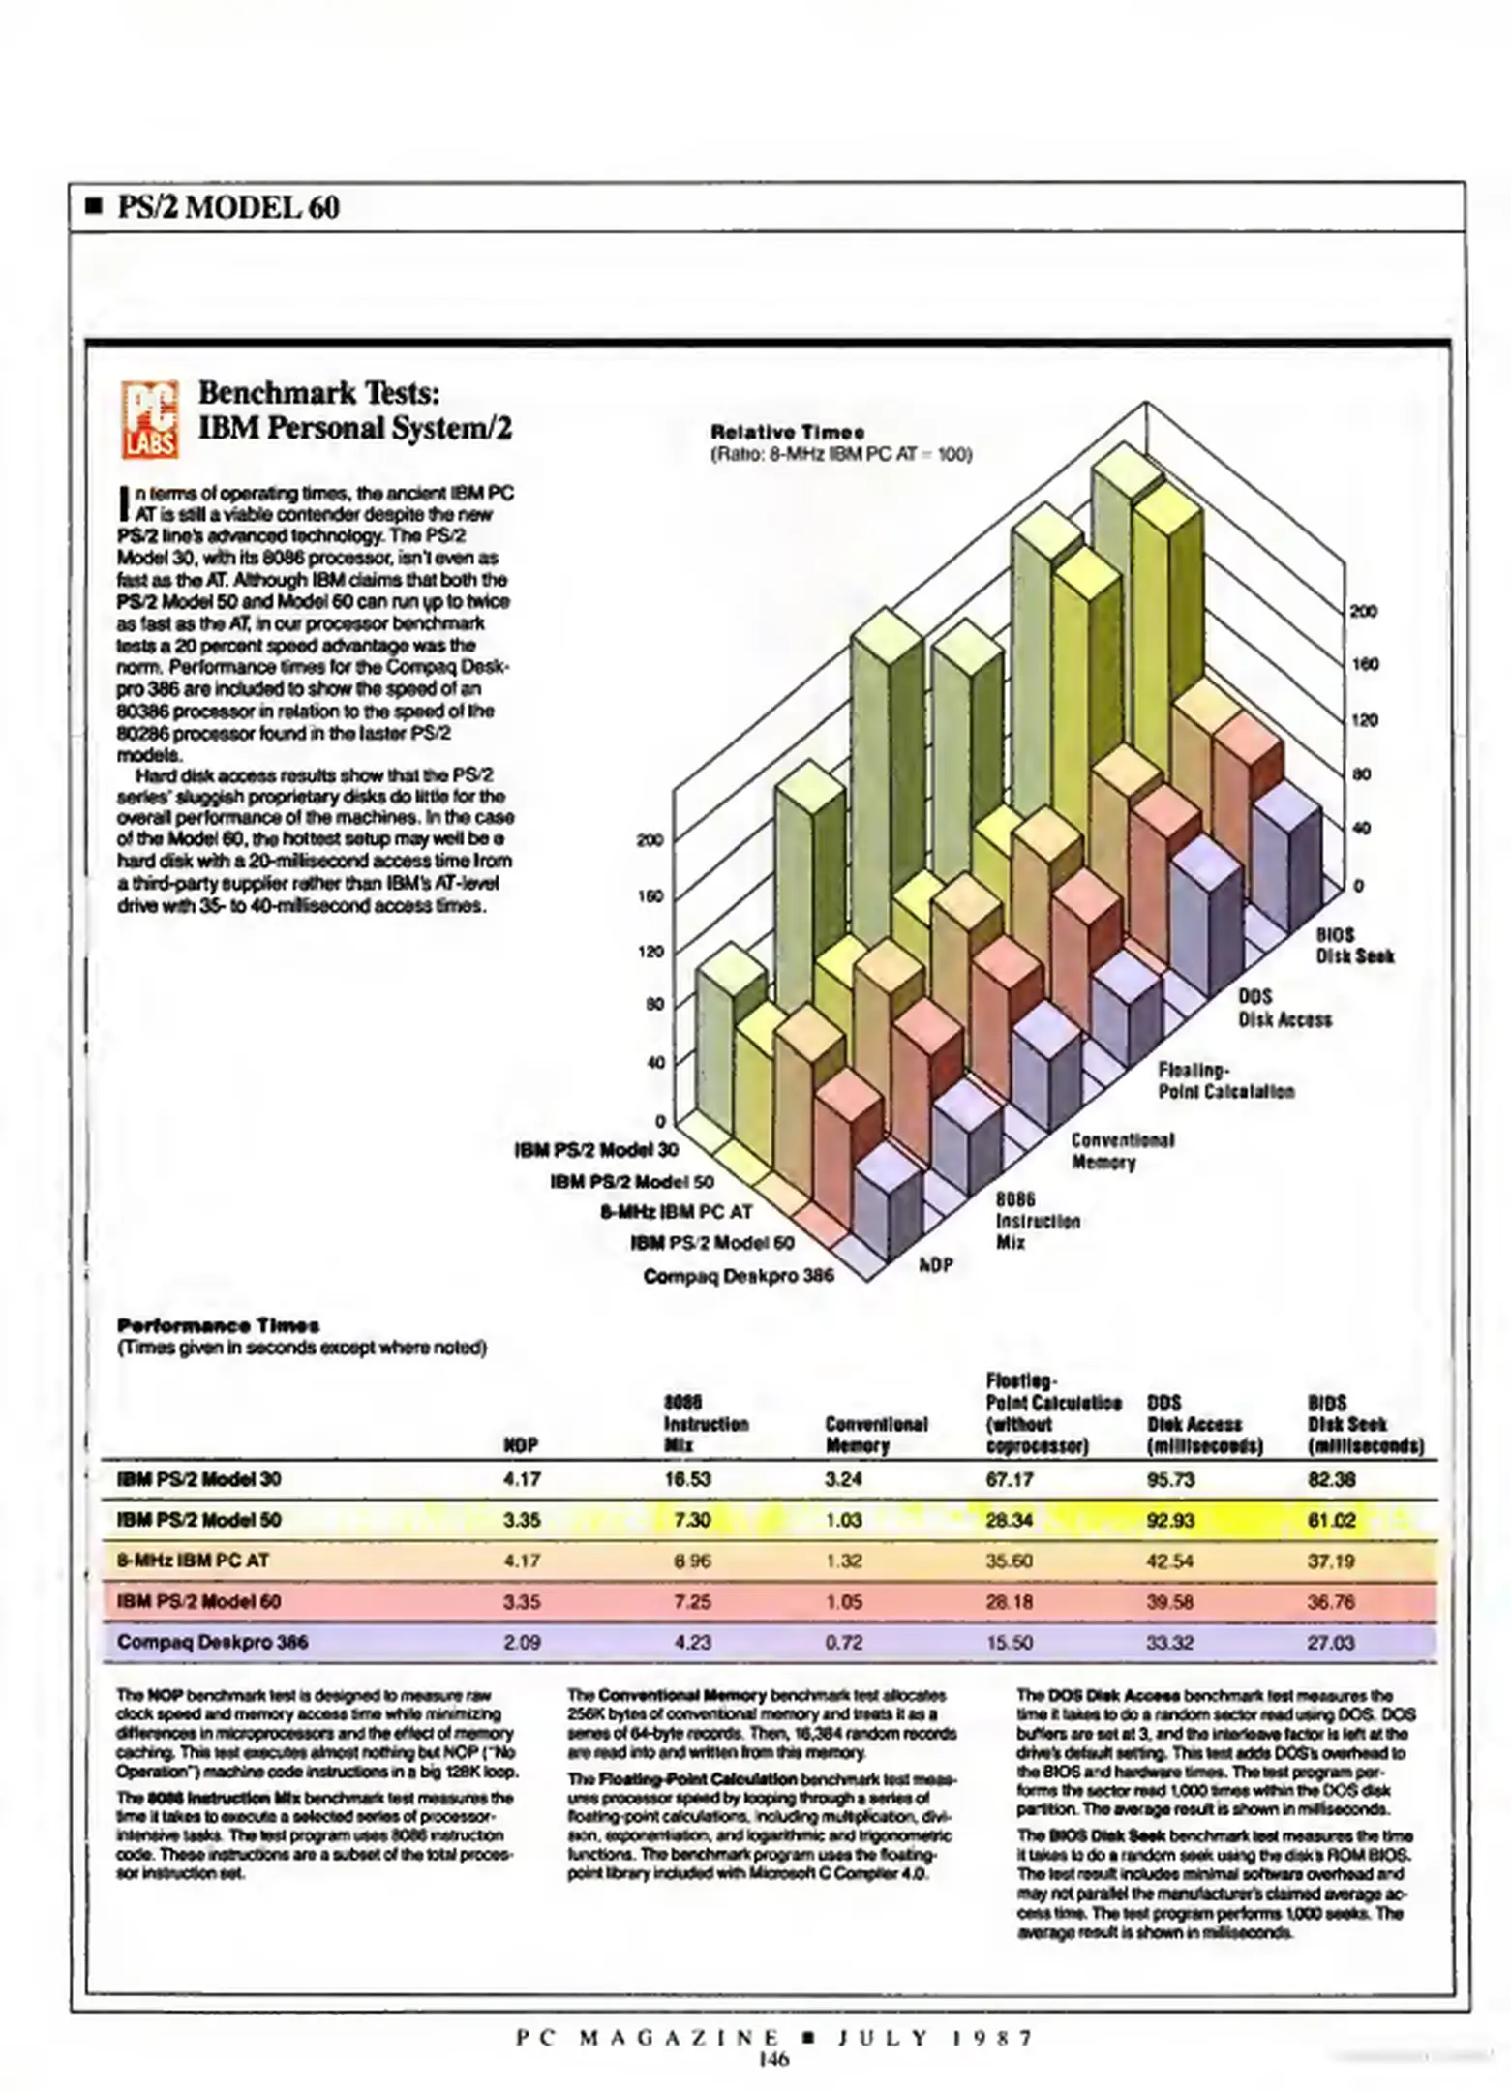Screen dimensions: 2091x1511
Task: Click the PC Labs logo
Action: pyautogui.click(x=150, y=418)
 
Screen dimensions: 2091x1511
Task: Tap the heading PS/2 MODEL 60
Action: pyautogui.click(x=227, y=207)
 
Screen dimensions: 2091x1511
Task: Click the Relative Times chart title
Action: pyautogui.click(x=788, y=432)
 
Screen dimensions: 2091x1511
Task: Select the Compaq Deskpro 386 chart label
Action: pyautogui.click(x=739, y=1275)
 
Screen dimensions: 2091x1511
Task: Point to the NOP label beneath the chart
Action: pyautogui.click(x=936, y=1264)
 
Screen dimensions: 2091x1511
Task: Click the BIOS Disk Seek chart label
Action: pyautogui.click(x=1354, y=945)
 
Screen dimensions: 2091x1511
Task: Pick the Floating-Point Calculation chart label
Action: pyautogui.click(x=1225, y=1080)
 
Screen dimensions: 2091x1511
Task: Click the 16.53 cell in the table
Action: pyautogui.click(x=687, y=1479)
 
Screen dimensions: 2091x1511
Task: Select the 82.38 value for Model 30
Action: pyautogui.click(x=1331, y=1479)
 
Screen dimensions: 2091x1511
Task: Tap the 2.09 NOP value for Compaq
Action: pyautogui.click(x=522, y=1642)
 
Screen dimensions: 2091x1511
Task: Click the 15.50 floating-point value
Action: pyautogui.click(x=1009, y=1642)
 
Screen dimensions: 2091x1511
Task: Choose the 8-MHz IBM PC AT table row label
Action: pyautogui.click(x=193, y=1561)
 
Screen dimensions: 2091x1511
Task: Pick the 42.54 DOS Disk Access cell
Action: pyautogui.click(x=1170, y=1561)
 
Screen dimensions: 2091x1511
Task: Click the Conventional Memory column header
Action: pyautogui.click(x=875, y=1435)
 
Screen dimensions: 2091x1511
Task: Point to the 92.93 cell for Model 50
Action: pyautogui.click(x=1170, y=1520)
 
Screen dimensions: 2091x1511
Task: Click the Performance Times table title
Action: pyautogui.click(x=218, y=1325)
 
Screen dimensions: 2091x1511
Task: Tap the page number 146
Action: pyautogui.click(x=773, y=2059)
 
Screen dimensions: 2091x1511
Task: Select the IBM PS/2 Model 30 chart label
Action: pyautogui.click(x=596, y=1150)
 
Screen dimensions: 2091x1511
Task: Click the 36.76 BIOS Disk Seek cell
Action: pyautogui.click(x=1331, y=1601)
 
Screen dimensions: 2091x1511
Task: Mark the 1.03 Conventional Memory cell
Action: pyautogui.click(x=843, y=1520)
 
